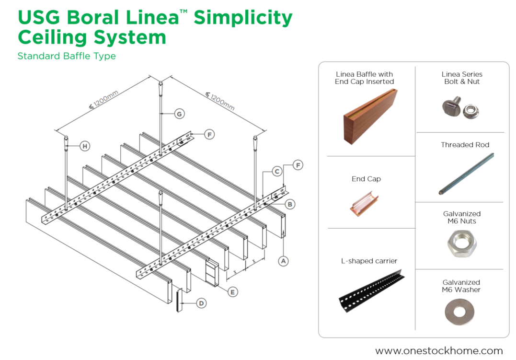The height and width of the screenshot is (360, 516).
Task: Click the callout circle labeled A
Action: coord(284,261)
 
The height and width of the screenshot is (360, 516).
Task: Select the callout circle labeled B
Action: coord(289,204)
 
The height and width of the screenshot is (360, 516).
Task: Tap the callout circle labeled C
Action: coord(277,171)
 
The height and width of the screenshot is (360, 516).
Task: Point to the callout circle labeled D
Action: coord(202,303)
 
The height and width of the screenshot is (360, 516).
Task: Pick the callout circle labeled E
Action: coord(233,291)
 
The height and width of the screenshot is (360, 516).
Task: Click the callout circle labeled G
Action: coord(179,114)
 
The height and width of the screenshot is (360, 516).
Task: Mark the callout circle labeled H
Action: coord(85,146)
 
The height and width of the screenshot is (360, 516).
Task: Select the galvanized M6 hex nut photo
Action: coord(461,244)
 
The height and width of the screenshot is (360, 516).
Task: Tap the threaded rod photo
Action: coord(466,174)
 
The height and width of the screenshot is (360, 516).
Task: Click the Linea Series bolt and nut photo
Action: coord(460,108)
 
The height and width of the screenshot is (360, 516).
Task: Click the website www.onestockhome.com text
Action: coord(439,350)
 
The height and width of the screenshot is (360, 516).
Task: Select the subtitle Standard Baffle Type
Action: coord(67,56)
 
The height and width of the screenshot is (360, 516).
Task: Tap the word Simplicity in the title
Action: coord(243,18)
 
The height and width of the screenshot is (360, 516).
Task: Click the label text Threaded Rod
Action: coord(465,145)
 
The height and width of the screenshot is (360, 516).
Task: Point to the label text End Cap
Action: coord(366,179)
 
